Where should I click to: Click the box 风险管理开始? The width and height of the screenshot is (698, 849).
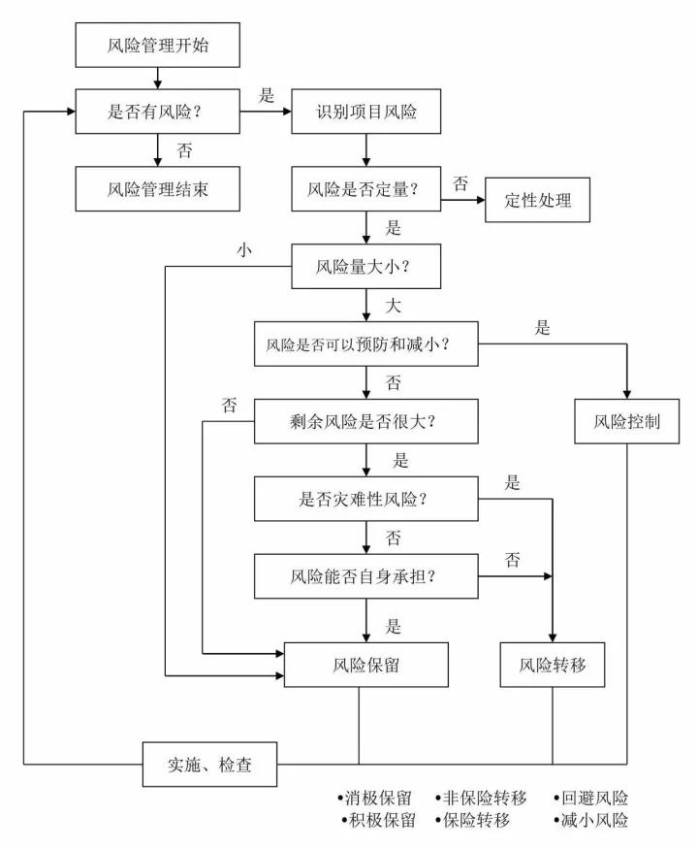156,46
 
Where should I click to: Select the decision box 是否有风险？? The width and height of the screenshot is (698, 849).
156,112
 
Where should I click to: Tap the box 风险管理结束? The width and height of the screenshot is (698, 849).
156,189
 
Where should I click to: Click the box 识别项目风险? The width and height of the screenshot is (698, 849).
366,112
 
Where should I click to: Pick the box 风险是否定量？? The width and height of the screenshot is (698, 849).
366,189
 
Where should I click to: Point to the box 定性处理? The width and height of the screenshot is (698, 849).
538,201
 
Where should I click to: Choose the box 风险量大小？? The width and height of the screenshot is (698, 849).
366,266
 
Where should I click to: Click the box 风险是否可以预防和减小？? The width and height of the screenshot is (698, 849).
366,343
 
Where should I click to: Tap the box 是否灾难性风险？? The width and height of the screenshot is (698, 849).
366,499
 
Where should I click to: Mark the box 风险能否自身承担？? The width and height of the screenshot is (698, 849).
366,576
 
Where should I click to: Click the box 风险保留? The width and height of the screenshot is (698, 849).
366,666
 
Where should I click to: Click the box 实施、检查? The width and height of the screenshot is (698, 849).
210,765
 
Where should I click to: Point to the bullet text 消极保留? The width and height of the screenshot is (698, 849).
375,800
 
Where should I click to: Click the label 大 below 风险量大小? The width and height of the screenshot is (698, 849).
393,306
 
